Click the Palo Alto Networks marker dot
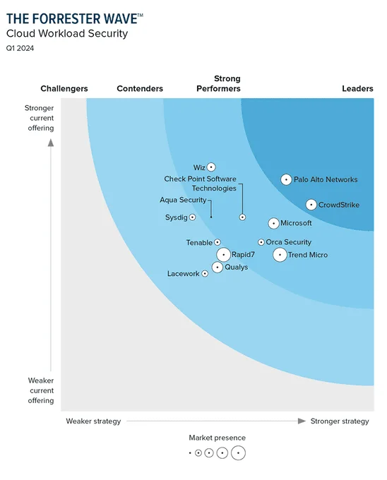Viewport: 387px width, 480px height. click(286, 180)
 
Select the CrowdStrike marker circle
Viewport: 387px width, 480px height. click(311, 205)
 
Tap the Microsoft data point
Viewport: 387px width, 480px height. click(274, 223)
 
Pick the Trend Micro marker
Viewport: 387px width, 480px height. click(280, 255)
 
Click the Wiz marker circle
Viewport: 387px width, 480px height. click(210, 167)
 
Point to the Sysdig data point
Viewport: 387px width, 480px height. click(192, 217)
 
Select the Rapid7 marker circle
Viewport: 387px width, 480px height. click(223, 255)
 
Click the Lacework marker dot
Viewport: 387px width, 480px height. click(205, 273)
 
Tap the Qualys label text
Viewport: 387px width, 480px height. click(236, 268)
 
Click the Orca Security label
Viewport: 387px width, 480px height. click(288, 242)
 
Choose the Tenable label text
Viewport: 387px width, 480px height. click(199, 243)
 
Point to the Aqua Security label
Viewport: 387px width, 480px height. click(183, 200)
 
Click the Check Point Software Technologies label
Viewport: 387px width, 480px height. click(201, 184)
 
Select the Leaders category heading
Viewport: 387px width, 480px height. click(357, 89)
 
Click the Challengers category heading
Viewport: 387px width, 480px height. click(64, 89)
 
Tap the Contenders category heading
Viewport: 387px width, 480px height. click(140, 89)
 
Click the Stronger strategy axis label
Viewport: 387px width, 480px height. click(339, 421)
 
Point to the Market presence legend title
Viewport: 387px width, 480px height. click(218, 438)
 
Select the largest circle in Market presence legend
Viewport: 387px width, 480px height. click(238, 453)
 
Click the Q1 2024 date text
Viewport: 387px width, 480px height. click(20, 48)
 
